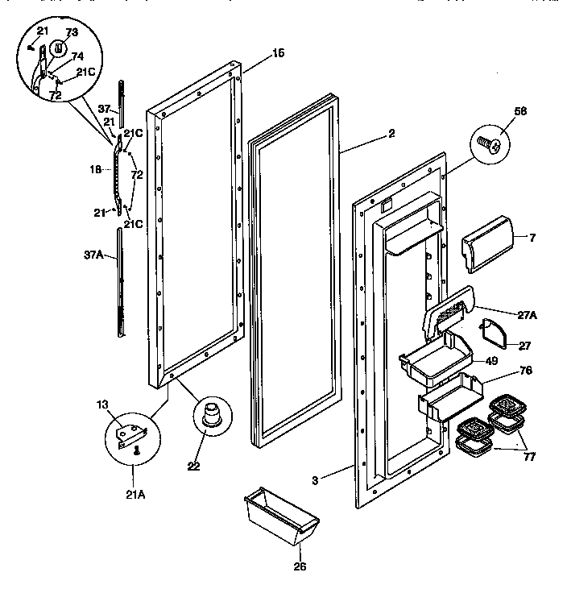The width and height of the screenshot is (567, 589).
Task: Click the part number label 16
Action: [x=278, y=53]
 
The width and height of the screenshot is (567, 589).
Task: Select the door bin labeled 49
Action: [x=435, y=352]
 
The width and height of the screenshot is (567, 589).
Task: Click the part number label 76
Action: [x=525, y=371]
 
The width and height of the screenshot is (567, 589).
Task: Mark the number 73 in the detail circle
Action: [x=71, y=33]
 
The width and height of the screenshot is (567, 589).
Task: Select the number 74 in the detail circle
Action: [x=77, y=56]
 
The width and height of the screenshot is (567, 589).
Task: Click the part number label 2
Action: [x=391, y=134]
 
